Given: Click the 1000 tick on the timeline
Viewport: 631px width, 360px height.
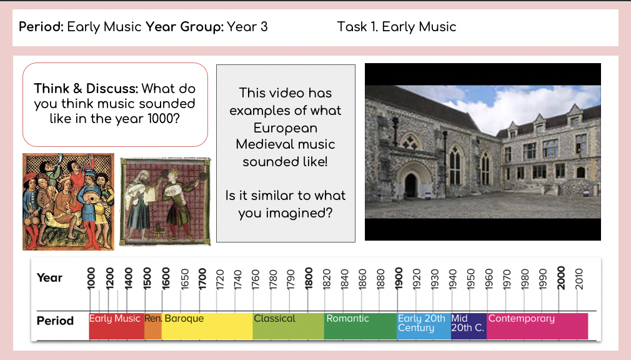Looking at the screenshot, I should [x=90, y=277].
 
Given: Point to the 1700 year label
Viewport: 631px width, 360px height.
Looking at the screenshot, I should [x=202, y=277].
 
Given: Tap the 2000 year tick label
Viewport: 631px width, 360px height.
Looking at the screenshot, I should [x=561, y=277].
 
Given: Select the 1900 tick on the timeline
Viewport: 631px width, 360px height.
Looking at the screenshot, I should [x=399, y=277].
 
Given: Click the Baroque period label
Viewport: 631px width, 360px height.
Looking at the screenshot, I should [x=184, y=319].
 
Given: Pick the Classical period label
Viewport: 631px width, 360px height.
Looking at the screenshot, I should [x=274, y=319].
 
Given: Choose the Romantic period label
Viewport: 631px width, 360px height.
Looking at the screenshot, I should [x=348, y=319].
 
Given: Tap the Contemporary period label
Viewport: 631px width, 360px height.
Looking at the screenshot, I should [x=521, y=319].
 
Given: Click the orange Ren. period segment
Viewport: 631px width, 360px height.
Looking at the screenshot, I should [x=153, y=325].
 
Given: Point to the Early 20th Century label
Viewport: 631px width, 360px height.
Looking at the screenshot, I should [x=421, y=323].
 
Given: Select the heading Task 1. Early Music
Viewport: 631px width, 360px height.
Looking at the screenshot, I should [x=397, y=27].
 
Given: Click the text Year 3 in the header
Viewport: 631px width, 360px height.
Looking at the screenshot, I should [x=247, y=27].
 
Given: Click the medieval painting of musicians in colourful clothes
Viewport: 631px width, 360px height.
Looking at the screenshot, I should [x=69, y=201].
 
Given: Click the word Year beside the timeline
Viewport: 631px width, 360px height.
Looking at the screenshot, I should [x=49, y=277].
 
